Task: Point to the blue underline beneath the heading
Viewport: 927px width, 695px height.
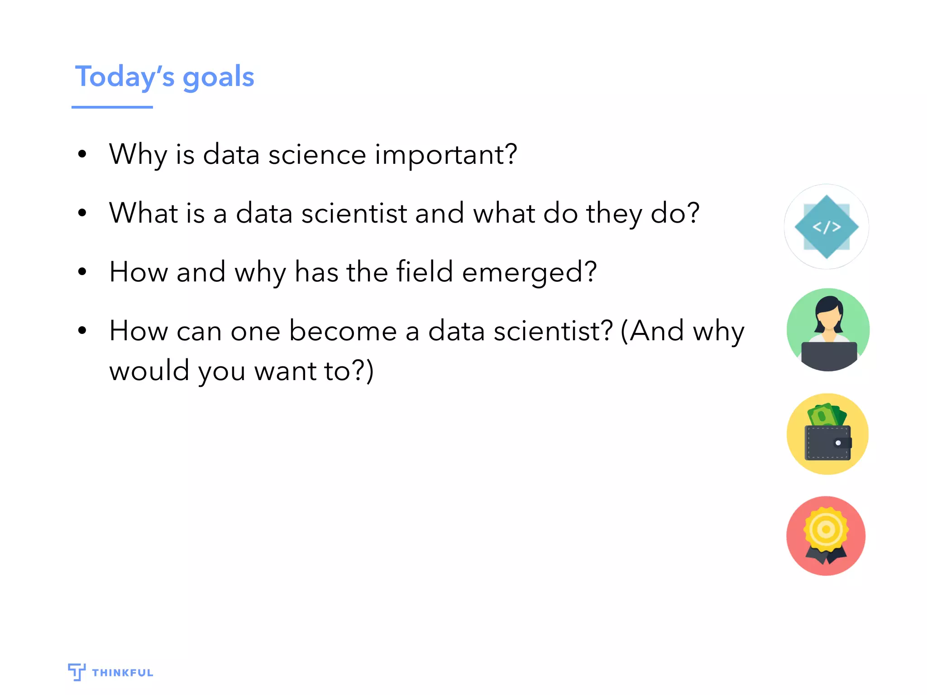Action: click(x=112, y=107)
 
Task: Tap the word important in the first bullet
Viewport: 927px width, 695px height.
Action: click(x=445, y=155)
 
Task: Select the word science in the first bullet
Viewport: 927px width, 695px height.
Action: click(x=317, y=155)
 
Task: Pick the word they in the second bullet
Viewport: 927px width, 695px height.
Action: click(x=614, y=214)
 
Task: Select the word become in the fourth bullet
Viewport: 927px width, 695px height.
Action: click(x=343, y=331)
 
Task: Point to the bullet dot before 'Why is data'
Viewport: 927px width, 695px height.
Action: click(x=82, y=154)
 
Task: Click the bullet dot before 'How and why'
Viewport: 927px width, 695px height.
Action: click(x=82, y=272)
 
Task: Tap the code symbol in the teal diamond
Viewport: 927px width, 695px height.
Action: click(x=827, y=227)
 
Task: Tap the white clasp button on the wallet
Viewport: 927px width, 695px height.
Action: click(x=838, y=443)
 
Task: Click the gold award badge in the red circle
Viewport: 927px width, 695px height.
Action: click(x=826, y=530)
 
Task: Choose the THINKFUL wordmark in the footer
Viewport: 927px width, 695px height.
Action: click(x=122, y=673)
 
